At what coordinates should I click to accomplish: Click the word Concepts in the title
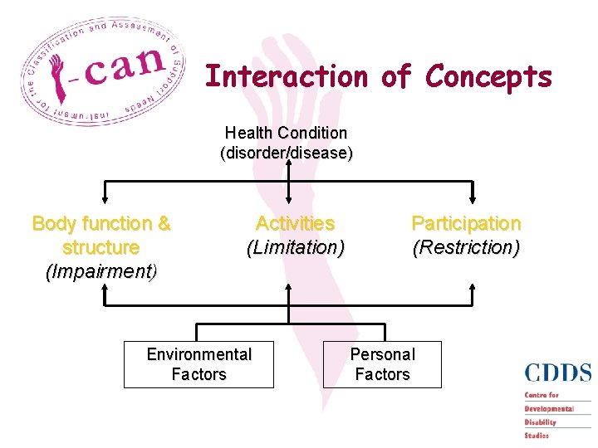pyautogui.click(x=488, y=76)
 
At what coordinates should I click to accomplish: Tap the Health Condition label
pyautogui.click(x=286, y=133)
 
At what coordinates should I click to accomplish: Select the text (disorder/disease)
pyautogui.click(x=286, y=153)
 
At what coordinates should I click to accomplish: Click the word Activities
pyautogui.click(x=295, y=224)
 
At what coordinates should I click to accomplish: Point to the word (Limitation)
pyautogui.click(x=295, y=247)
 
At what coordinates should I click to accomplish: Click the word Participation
pyautogui.click(x=466, y=224)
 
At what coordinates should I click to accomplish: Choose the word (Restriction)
pyautogui.click(x=466, y=247)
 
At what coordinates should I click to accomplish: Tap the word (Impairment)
pyautogui.click(x=101, y=271)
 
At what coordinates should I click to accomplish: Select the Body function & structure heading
pyautogui.click(x=101, y=236)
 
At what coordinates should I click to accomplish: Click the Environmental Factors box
pyautogui.click(x=199, y=364)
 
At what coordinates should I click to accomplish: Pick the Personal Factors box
pyautogui.click(x=382, y=364)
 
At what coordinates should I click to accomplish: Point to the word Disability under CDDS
pyautogui.click(x=540, y=421)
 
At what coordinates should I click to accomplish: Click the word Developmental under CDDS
pyautogui.click(x=549, y=408)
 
